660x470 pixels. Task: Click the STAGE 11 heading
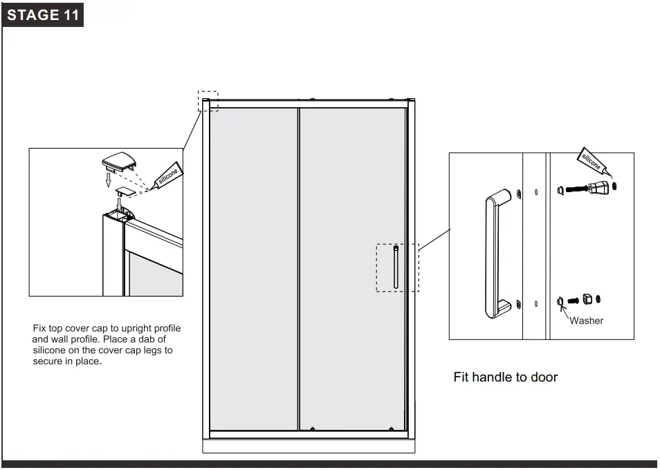coord(42,15)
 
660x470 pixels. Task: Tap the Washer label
coord(586,321)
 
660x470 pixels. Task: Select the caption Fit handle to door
coord(505,377)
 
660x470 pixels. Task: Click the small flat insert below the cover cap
coord(124,189)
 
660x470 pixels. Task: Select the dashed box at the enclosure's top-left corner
coord(208,101)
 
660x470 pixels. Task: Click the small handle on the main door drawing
coord(395,266)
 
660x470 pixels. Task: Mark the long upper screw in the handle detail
coord(576,188)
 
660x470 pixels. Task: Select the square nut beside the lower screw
coord(586,299)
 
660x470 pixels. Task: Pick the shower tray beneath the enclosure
coord(309,446)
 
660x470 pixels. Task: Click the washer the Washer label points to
coord(560,301)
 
